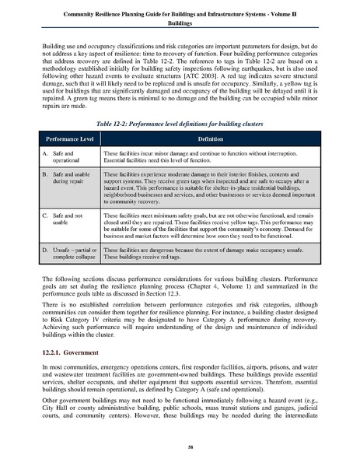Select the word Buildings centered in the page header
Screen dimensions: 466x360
[x=180, y=24]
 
